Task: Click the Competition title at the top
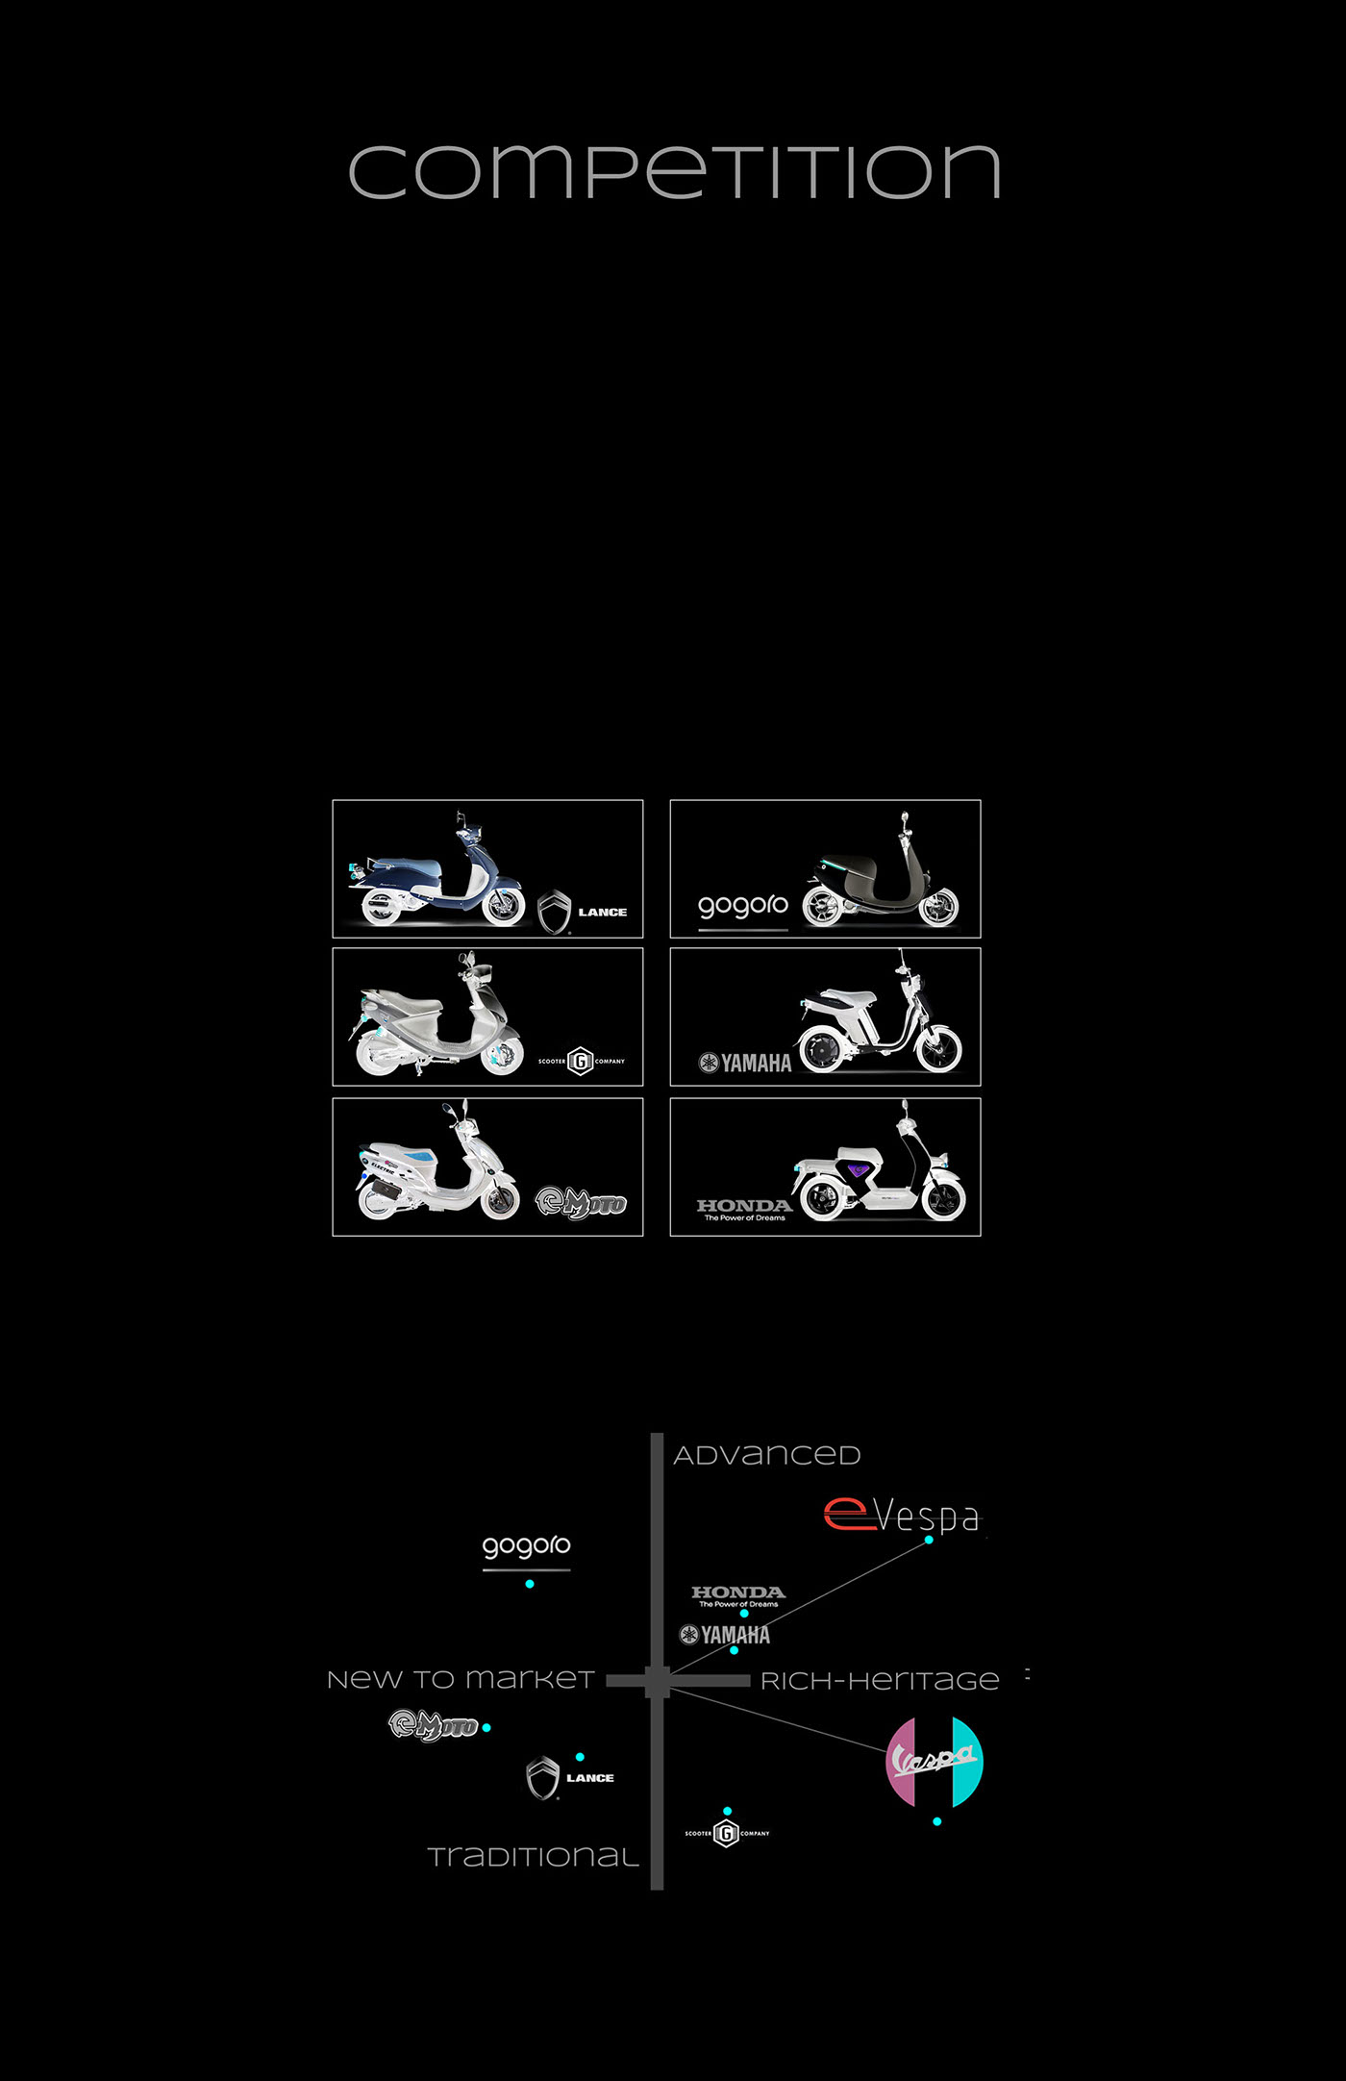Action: pyautogui.click(x=674, y=172)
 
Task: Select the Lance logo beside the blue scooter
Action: pyautogui.click(x=583, y=912)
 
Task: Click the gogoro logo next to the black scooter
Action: pyautogui.click(x=743, y=907)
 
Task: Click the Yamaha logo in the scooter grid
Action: pyautogui.click(x=745, y=1063)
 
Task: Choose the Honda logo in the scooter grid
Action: pyautogui.click(x=744, y=1209)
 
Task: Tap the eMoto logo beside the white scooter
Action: pyautogui.click(x=581, y=1202)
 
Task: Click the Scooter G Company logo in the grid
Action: pyautogui.click(x=581, y=1061)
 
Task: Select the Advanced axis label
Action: pyautogui.click(x=766, y=1455)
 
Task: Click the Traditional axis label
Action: pyautogui.click(x=534, y=1857)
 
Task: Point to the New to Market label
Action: pyautogui.click(x=461, y=1679)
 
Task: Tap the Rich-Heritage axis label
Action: pyautogui.click(x=880, y=1681)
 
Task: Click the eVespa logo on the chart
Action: pyautogui.click(x=902, y=1516)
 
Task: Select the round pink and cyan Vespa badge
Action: pyautogui.click(x=935, y=1761)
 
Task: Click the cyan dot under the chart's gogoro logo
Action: pyautogui.click(x=530, y=1584)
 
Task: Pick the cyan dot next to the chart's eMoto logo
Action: pyautogui.click(x=486, y=1728)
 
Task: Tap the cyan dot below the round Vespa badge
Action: pyautogui.click(x=937, y=1821)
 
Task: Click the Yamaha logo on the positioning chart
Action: pyautogui.click(x=725, y=1635)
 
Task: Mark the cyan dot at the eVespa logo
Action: pyautogui.click(x=929, y=1540)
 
